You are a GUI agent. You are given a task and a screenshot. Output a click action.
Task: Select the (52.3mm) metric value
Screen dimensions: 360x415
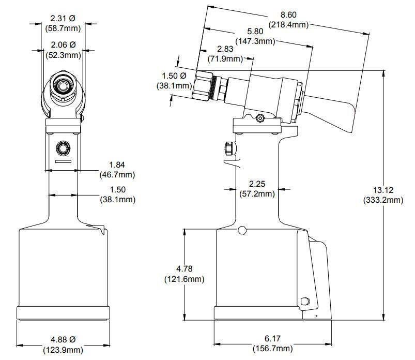(x=63, y=54)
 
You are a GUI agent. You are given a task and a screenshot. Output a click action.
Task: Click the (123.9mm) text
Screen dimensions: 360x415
(x=63, y=350)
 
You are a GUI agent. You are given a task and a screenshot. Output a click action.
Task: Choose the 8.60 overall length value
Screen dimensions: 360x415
(x=288, y=15)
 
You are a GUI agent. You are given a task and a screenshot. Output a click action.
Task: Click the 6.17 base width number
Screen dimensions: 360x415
(x=273, y=339)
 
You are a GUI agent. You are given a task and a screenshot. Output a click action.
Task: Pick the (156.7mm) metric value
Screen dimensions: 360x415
(x=273, y=349)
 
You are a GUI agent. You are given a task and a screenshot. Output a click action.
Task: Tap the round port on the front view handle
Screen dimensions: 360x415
(x=63, y=148)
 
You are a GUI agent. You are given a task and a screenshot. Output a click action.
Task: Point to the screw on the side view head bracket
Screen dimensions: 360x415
(x=260, y=118)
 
